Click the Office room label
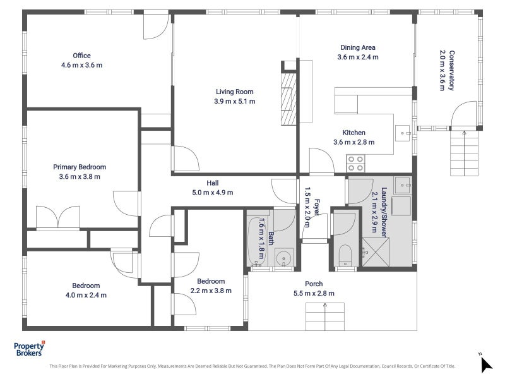(x=81, y=56)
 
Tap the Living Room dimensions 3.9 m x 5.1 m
(x=234, y=101)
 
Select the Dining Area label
(x=358, y=47)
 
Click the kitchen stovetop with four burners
(x=355, y=164)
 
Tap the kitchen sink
(x=403, y=133)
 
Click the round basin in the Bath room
(x=284, y=258)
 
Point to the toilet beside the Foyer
(x=345, y=256)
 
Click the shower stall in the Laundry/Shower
(x=376, y=251)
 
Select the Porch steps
(x=324, y=316)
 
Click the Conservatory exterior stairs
(x=464, y=153)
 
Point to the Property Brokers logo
(x=29, y=349)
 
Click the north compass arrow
(x=486, y=364)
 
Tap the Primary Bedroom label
(x=80, y=167)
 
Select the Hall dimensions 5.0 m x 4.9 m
(x=213, y=193)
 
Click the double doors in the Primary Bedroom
(x=58, y=217)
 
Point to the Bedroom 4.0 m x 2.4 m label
(x=86, y=291)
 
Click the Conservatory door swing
(x=463, y=114)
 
